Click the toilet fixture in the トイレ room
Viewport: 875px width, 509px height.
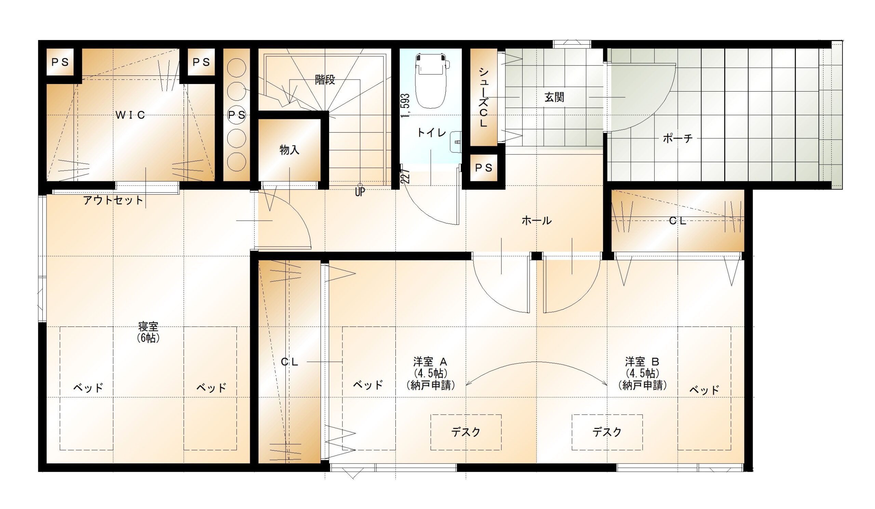click(431, 80)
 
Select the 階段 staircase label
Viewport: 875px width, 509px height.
click(325, 80)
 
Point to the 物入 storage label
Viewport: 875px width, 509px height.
click(289, 150)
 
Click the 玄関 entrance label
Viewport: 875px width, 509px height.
click(554, 97)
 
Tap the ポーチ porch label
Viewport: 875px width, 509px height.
click(677, 139)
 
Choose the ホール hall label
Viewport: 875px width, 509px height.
click(537, 220)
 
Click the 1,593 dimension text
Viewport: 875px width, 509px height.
click(405, 105)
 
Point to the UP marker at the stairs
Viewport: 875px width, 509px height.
click(360, 192)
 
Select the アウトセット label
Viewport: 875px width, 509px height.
click(113, 200)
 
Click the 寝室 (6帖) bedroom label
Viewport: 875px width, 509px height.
click(148, 332)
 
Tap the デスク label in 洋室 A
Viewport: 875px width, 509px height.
click(466, 432)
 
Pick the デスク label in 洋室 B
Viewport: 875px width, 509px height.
click(607, 432)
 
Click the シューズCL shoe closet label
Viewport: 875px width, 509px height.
click(483, 97)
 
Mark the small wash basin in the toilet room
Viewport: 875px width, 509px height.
click(456, 142)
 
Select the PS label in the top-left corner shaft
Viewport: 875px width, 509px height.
click(60, 62)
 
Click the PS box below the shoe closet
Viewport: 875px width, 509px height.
click(484, 168)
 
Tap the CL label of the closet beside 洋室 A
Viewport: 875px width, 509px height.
click(289, 362)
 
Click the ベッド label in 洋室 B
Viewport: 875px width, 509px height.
click(704, 390)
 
